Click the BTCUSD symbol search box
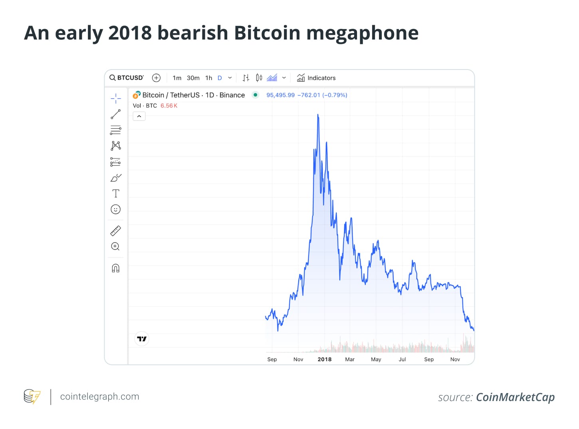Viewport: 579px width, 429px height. pyautogui.click(x=127, y=78)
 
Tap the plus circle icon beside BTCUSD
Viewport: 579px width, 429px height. pyautogui.click(x=157, y=78)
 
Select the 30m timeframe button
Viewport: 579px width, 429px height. pyautogui.click(x=193, y=78)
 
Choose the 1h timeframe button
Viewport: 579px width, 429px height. pyautogui.click(x=208, y=78)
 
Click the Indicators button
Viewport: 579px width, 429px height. pyautogui.click(x=316, y=78)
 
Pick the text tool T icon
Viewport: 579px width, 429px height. pyautogui.click(x=116, y=194)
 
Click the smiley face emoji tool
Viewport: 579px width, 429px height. pyautogui.click(x=116, y=209)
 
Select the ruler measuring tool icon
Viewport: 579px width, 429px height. pyautogui.click(x=116, y=231)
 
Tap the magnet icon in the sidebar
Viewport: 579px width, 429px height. pyautogui.click(x=116, y=268)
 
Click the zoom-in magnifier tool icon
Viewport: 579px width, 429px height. pyautogui.click(x=115, y=246)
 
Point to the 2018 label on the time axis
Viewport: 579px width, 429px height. pyautogui.click(x=325, y=359)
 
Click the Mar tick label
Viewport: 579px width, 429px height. pyautogui.click(x=350, y=359)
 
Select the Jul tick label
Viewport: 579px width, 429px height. pyautogui.click(x=402, y=359)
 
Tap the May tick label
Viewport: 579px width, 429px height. pyautogui.click(x=376, y=359)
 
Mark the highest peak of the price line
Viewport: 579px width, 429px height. pyautogui.click(x=318, y=115)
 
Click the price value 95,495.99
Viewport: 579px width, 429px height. pyautogui.click(x=280, y=95)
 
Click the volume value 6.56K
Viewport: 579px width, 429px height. pyautogui.click(x=169, y=106)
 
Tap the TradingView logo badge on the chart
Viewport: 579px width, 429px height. pyautogui.click(x=142, y=339)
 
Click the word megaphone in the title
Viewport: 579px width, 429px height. pyautogui.click(x=362, y=33)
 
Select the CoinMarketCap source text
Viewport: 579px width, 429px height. pyautogui.click(x=515, y=397)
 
